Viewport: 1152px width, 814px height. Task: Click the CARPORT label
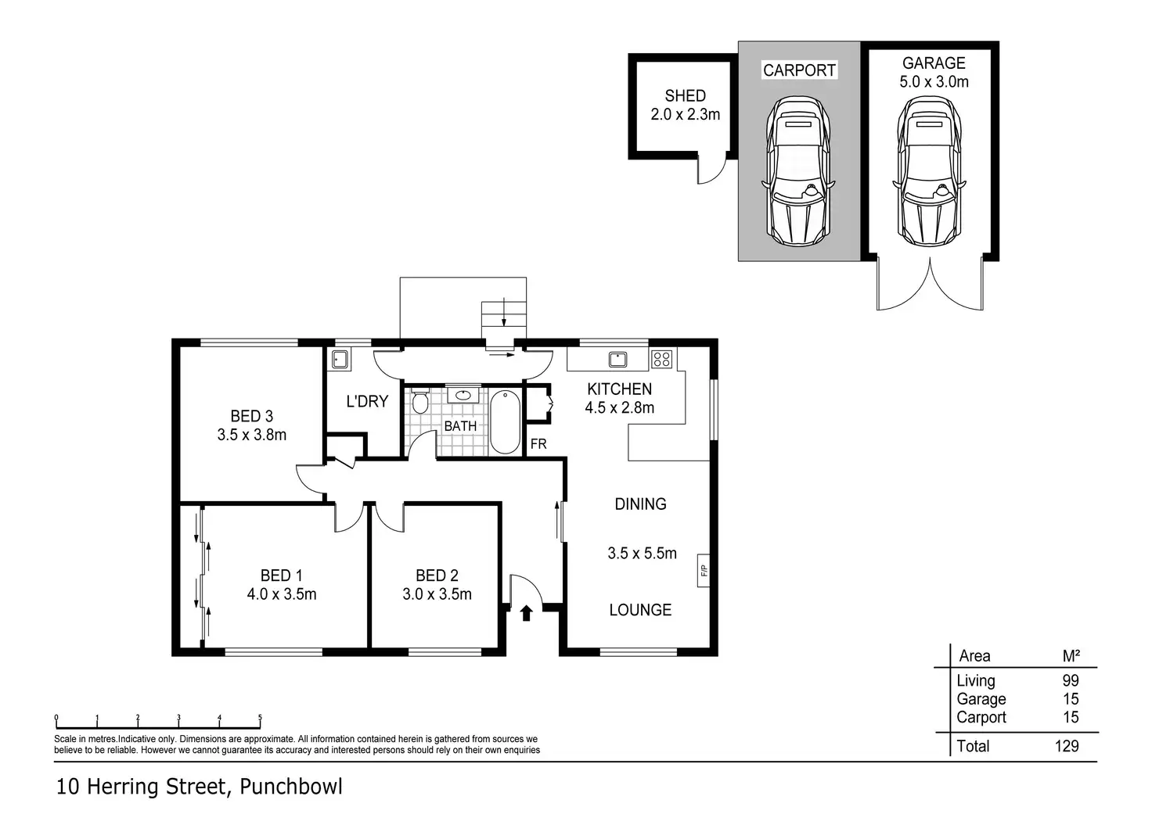[x=799, y=70]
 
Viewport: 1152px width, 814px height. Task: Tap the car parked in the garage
[x=929, y=171]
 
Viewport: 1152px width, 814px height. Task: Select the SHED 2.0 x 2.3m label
[x=685, y=105]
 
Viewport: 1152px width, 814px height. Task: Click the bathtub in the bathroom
[x=505, y=422]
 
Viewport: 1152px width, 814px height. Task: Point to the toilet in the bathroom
[x=420, y=401]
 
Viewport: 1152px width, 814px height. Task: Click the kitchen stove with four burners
[x=661, y=359]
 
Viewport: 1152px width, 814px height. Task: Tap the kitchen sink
[x=617, y=359]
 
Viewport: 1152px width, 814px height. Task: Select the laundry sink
[x=340, y=359]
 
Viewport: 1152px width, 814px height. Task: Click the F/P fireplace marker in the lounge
[x=704, y=570]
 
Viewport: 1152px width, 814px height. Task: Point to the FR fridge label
[x=538, y=444]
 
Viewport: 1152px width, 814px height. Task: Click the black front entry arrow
[x=526, y=613]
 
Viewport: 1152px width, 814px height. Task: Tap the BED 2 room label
[x=437, y=575]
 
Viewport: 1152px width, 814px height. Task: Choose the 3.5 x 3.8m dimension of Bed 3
[x=251, y=435]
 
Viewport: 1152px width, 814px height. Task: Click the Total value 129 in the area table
[x=1067, y=746]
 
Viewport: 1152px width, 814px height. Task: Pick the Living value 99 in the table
[x=1071, y=680]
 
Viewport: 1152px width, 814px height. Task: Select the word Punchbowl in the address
[x=290, y=787]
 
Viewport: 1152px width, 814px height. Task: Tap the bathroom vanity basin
[x=463, y=395]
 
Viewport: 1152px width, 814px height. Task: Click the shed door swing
[x=711, y=169]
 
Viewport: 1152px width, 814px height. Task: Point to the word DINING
[x=640, y=504]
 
